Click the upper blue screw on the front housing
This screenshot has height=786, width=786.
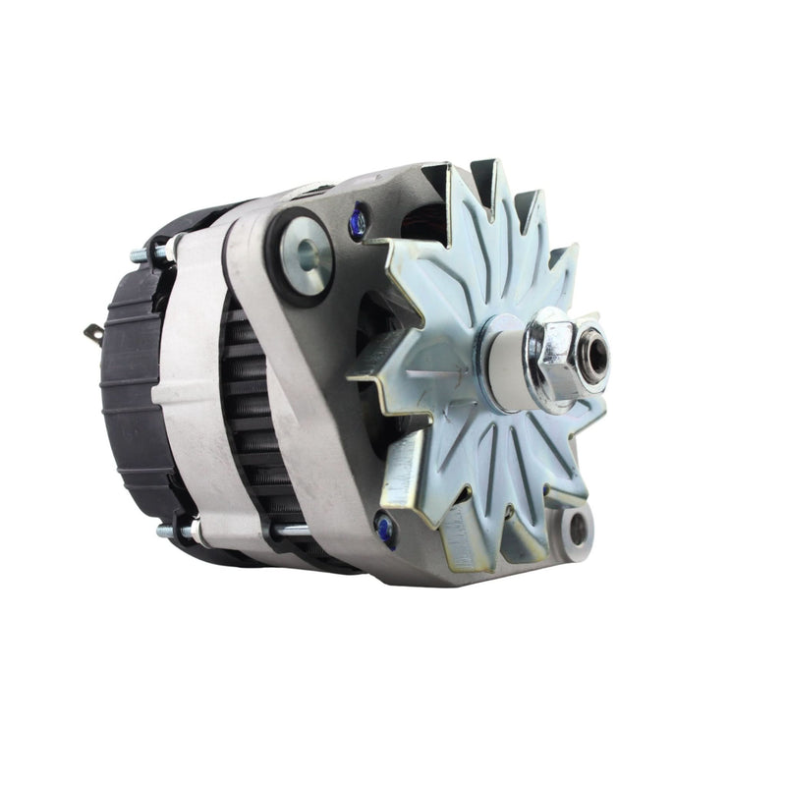point(358,222)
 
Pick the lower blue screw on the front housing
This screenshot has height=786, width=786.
point(385,530)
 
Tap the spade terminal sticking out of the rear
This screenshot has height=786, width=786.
point(93,335)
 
